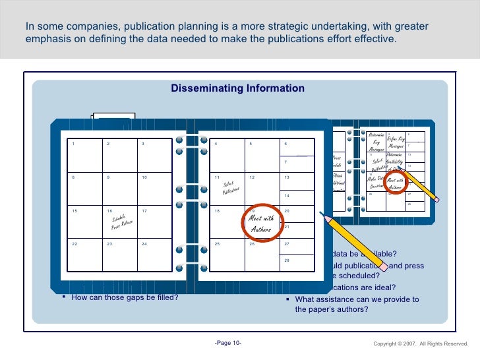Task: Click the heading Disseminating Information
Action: tap(237, 88)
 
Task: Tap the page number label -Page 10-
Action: tap(228, 343)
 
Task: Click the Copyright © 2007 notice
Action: tap(420, 344)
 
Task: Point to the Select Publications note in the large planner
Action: tap(229, 187)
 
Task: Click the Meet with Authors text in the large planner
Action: tap(261, 224)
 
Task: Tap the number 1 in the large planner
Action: tap(74, 144)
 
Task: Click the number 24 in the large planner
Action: tap(144, 244)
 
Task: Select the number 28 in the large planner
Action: tap(287, 261)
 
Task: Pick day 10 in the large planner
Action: tap(144, 177)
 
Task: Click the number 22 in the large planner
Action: tap(75, 244)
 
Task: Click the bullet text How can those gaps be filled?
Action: tap(125, 297)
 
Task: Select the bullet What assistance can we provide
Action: tap(357, 304)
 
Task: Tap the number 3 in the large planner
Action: tap(143, 144)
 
